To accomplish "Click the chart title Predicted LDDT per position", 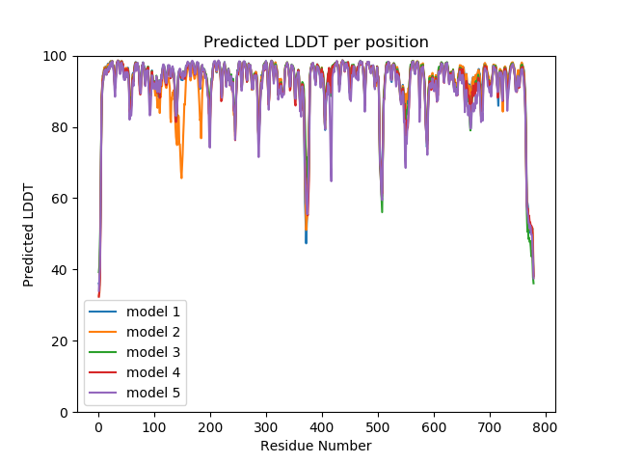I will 316,41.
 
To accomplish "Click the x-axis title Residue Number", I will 316,446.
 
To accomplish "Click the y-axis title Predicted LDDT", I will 29,234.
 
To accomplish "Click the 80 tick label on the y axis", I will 60,127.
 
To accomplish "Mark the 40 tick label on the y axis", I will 60,270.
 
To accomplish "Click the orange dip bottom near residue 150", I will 181,177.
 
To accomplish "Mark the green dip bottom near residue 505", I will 382,211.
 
